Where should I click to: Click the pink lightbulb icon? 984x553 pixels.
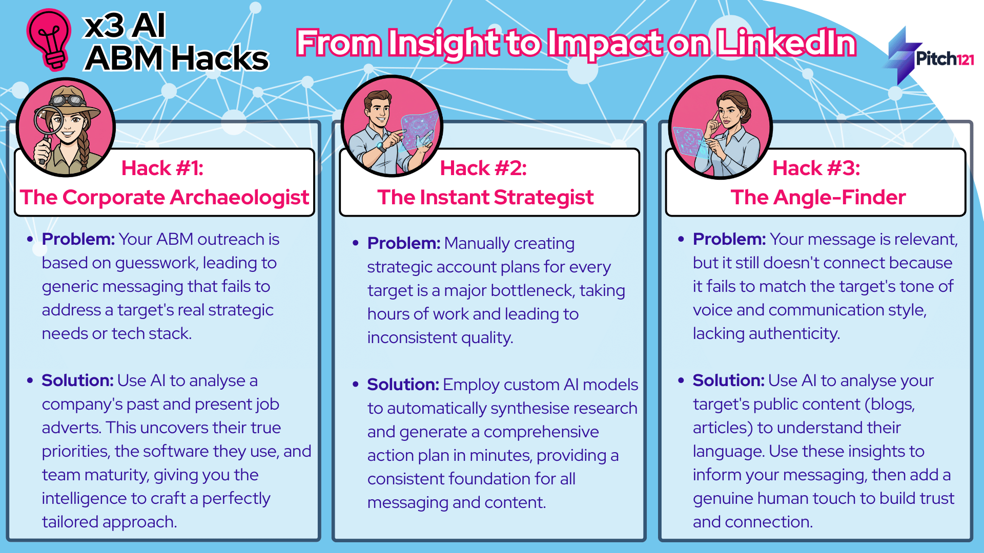pos(49,39)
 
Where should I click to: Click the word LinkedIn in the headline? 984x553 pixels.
pos(786,43)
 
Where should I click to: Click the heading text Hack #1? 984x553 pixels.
pos(162,168)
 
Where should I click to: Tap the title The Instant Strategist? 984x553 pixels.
pos(485,197)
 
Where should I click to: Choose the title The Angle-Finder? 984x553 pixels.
pos(818,197)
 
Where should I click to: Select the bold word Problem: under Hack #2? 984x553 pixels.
pos(404,243)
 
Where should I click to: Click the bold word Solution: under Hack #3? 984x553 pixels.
pos(728,380)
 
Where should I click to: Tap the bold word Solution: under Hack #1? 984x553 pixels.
pos(77,380)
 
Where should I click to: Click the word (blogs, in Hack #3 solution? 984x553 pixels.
pos(890,405)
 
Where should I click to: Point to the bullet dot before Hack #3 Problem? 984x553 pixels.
pos(681,239)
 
